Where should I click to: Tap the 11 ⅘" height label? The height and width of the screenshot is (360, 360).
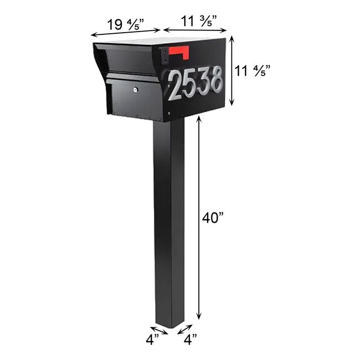[249, 71]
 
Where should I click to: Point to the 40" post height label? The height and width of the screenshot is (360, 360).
[213, 218]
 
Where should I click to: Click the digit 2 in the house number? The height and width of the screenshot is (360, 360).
[176, 86]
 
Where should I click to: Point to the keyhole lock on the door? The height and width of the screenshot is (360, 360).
[135, 89]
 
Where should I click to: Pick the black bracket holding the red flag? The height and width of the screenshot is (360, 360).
[164, 54]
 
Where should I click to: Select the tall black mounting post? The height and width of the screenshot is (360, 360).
[169, 222]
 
